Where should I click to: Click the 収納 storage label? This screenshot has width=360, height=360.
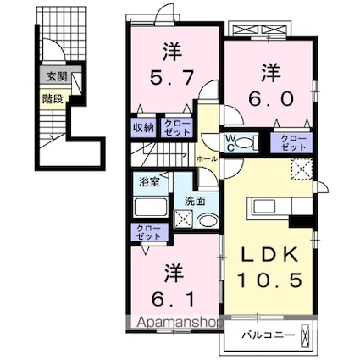pos(142,128)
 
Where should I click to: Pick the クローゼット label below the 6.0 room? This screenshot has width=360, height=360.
pos(293,142)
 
